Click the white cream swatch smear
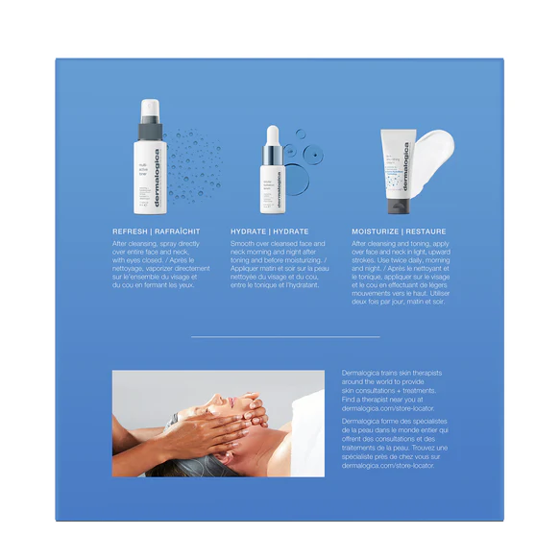433,150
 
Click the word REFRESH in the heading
131,231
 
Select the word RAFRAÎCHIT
180,231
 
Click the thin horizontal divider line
285,337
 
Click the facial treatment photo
218,423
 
